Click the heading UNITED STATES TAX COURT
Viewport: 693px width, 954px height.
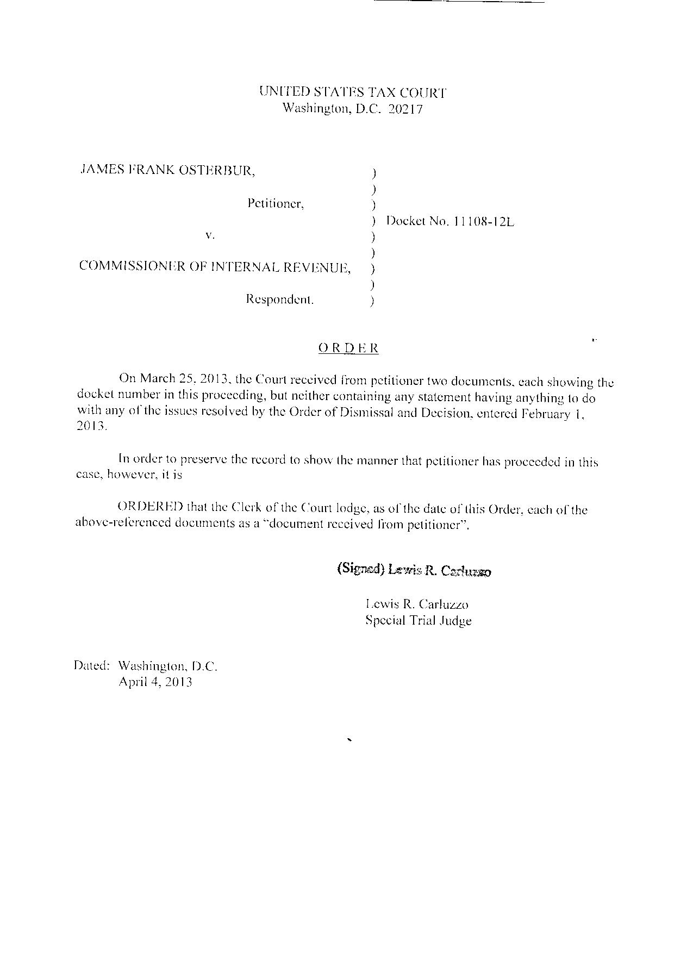tap(353, 92)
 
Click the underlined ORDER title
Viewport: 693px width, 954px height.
tap(348, 348)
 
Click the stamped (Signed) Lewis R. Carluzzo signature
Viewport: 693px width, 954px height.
tap(414, 570)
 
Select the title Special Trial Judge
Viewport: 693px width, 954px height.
tap(418, 620)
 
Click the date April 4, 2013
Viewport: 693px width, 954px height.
tap(155, 682)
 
